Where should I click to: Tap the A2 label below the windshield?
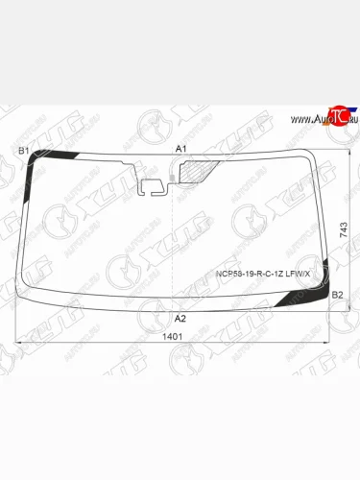coord(180,318)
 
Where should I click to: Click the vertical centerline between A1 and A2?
coord(171,240)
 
